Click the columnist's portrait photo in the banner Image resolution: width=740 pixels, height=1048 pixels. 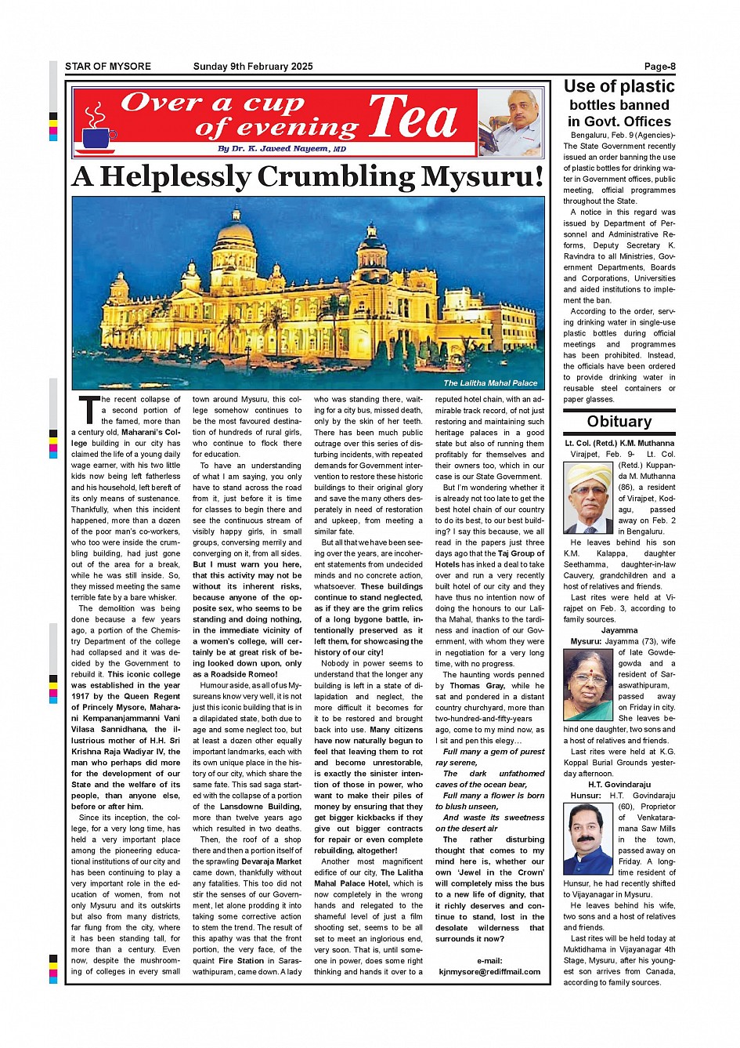click(511, 122)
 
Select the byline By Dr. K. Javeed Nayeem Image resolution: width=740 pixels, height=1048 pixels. click(282, 149)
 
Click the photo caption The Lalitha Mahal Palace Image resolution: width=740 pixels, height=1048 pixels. click(490, 383)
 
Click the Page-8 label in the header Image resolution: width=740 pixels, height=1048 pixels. click(659, 67)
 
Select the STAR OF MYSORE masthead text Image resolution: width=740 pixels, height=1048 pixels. click(108, 67)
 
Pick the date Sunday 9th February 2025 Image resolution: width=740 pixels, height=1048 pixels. click(253, 67)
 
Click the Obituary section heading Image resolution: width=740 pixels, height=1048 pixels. click(619, 422)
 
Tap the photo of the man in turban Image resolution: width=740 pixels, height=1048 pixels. click(588, 498)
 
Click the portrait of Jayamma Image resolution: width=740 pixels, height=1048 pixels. click(588, 685)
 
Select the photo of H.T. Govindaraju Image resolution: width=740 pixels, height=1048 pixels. click(588, 838)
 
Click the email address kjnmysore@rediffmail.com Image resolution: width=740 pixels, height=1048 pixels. click(489, 972)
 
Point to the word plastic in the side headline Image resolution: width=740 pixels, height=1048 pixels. click(641, 87)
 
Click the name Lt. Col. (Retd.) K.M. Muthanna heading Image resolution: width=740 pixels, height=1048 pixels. click(619, 443)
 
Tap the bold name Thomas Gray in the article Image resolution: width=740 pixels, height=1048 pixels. click(477, 686)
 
